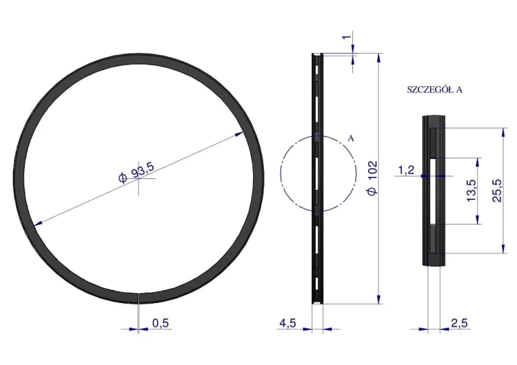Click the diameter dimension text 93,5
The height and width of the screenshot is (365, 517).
(x=143, y=170)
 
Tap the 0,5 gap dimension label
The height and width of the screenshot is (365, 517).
(x=161, y=323)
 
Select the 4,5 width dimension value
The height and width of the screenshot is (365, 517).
(x=288, y=323)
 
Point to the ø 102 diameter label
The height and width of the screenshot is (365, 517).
(x=372, y=178)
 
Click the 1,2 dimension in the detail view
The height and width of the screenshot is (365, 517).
(x=406, y=170)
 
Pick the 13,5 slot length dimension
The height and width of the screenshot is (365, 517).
(x=472, y=190)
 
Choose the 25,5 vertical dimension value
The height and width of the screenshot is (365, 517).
(x=496, y=190)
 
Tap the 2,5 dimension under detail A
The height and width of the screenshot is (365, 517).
(x=459, y=323)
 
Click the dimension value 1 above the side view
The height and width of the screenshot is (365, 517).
(x=346, y=37)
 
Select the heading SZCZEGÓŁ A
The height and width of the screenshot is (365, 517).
(x=434, y=90)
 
